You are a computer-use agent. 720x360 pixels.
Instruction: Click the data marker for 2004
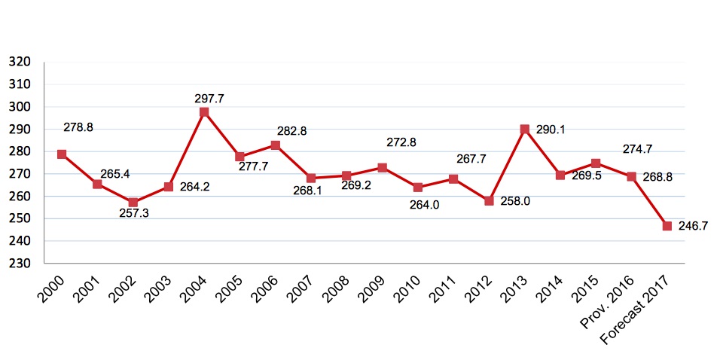tap(204, 112)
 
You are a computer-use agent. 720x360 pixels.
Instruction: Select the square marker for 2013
tap(525, 130)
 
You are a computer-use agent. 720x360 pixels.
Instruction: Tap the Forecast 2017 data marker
tap(667, 226)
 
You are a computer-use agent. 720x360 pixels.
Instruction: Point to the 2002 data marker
tap(133, 202)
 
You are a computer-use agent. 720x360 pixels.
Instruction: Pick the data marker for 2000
tap(62, 154)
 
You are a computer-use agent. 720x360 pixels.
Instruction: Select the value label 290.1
tap(550, 130)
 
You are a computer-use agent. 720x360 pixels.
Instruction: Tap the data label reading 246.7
tap(694, 226)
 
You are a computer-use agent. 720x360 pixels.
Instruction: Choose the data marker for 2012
tap(489, 201)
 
